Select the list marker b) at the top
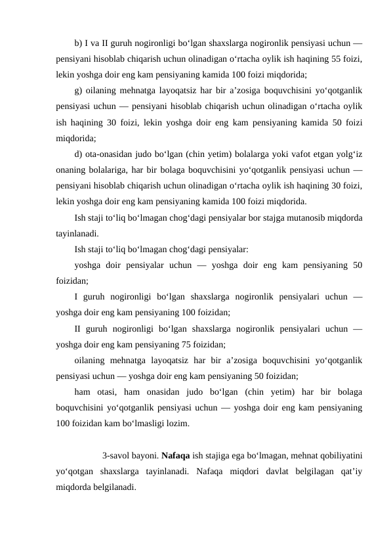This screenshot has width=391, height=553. tap(79, 44)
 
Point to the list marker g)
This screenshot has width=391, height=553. tap(79, 89)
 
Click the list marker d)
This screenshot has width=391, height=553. tap(79, 155)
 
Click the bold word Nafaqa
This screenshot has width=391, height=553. tap(174, 454)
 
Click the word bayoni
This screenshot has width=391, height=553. tap(146, 454)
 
